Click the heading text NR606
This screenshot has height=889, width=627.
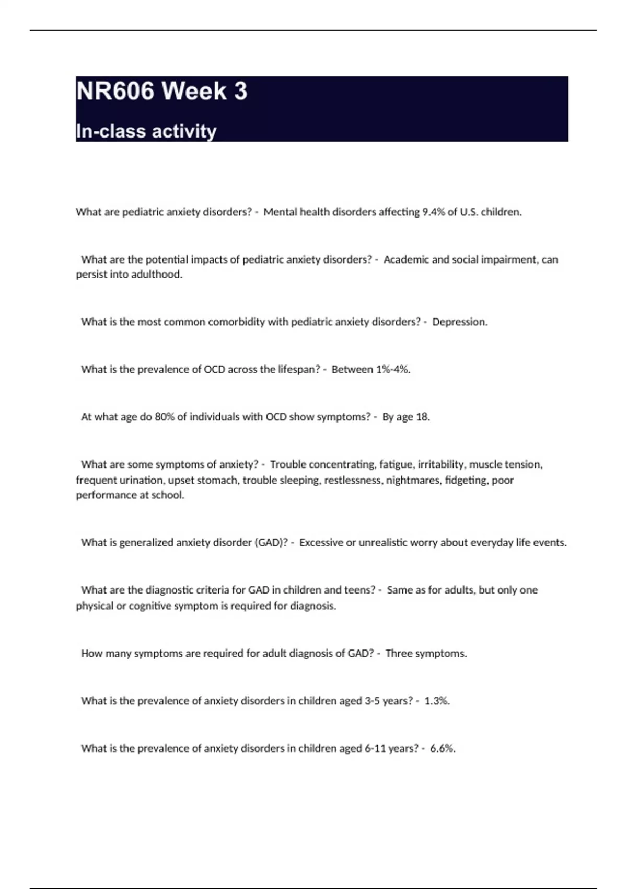(x=115, y=91)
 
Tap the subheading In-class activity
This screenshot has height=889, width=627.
(x=146, y=131)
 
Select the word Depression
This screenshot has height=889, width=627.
(x=459, y=322)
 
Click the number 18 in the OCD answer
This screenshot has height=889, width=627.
(x=422, y=417)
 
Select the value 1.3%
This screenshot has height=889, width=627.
(x=437, y=701)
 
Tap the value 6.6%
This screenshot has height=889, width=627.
(x=443, y=748)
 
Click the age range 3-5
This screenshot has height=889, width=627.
(x=372, y=701)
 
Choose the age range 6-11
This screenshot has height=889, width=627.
(x=375, y=748)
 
